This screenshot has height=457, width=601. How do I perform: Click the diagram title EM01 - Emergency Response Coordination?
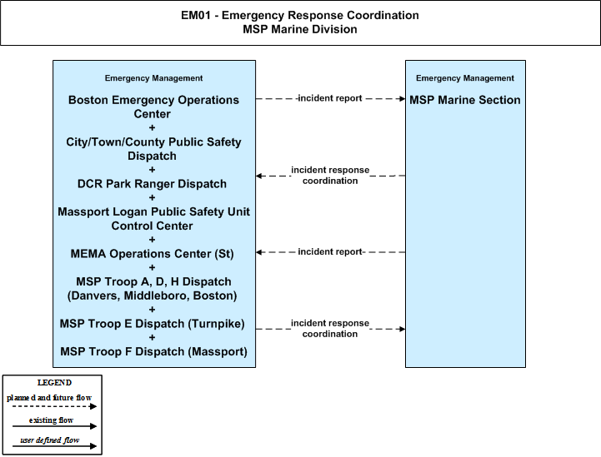pos(300,15)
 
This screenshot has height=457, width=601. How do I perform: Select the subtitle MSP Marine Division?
pos(300,29)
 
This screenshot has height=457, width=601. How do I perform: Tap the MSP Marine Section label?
pos(465,100)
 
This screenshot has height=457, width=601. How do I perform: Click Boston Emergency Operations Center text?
pos(153,107)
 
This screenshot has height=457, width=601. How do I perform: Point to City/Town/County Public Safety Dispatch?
pos(153,149)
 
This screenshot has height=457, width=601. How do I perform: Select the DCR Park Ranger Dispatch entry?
pos(152,184)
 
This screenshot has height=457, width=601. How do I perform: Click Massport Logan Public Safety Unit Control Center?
pos(153,219)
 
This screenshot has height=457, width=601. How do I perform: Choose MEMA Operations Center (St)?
pos(152,254)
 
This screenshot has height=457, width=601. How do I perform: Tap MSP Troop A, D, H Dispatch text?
pos(153,281)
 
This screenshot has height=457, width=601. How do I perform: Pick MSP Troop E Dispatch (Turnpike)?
pos(152,324)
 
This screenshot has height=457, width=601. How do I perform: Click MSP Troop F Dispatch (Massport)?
pos(153,352)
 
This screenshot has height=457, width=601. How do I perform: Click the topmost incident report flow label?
pos(329,98)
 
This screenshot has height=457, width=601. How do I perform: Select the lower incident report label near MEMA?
pos(329,252)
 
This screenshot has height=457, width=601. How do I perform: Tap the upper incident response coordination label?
pos(330,176)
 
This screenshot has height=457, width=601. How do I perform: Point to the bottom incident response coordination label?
pos(330,329)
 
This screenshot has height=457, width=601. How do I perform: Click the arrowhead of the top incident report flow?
pos(403,99)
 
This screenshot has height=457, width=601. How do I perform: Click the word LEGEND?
pos(54,383)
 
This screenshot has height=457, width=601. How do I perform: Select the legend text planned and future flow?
pos(49,398)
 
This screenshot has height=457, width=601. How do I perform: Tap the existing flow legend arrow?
pos(54,426)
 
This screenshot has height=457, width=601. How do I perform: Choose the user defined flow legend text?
pos(50,440)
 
